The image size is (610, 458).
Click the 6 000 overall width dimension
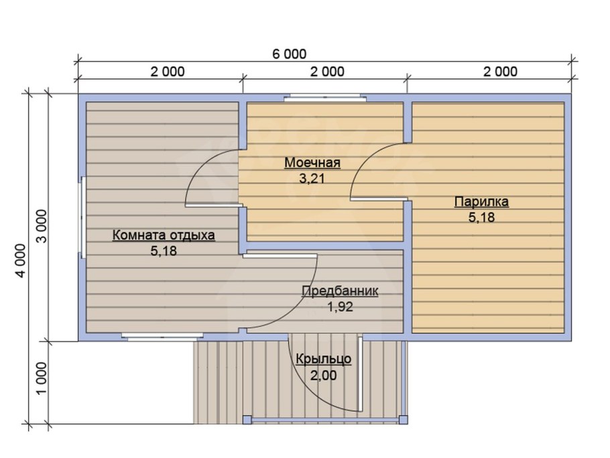coord(289,54)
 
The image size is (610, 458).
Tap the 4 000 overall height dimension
coord(20,261)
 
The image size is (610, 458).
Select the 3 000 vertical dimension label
coord(41,226)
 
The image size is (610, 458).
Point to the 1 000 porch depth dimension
coord(41,378)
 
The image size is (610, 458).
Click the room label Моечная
coord(312,162)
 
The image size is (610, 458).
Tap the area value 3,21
coord(312,178)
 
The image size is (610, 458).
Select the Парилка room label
coord(481,202)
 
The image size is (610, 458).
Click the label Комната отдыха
coord(164,235)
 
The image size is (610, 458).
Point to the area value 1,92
coord(340,307)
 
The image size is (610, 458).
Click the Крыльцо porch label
coord(324,359)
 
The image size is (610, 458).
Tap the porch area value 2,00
coord(323,376)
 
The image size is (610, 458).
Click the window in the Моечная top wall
coord(324,98)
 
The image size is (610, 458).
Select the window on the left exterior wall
coord(82,217)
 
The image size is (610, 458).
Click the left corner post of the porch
coord(247,420)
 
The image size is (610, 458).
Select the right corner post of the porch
coord(404,420)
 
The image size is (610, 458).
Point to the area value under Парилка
coord(481,217)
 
